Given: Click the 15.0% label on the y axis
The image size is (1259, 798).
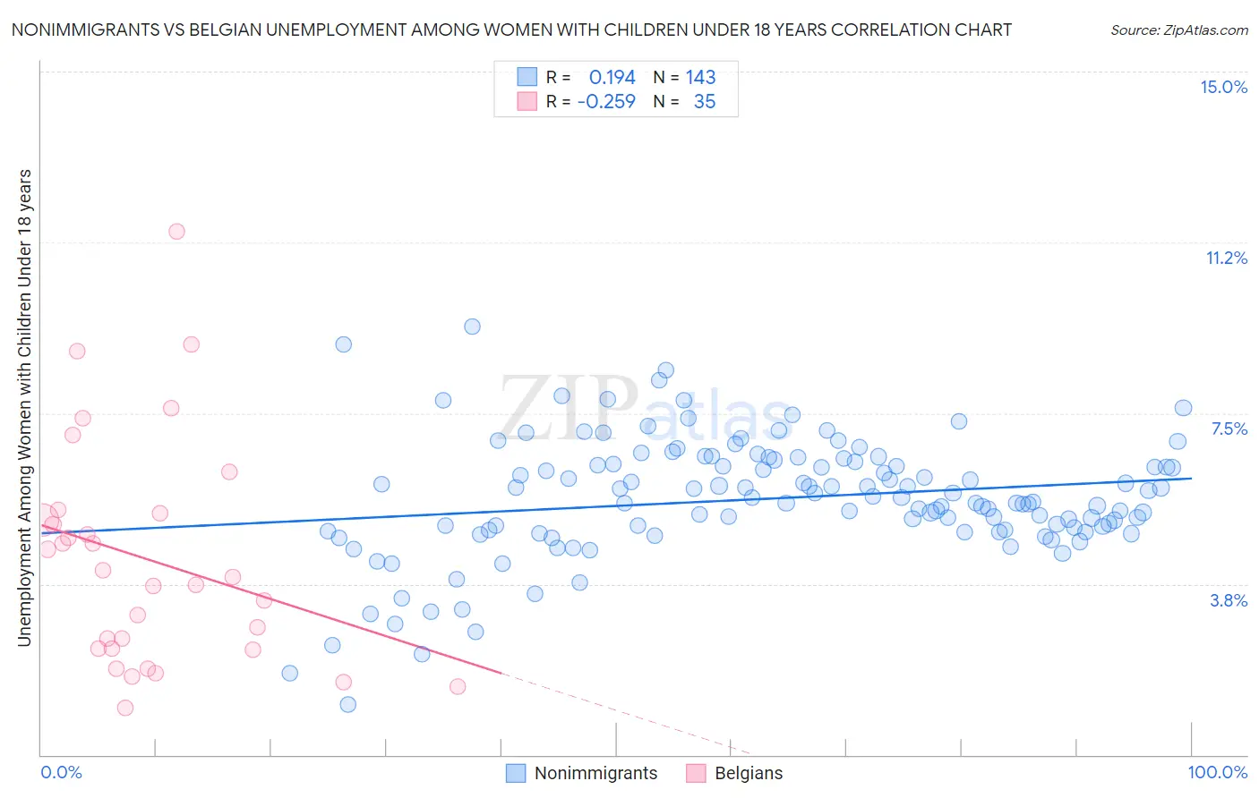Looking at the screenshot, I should coord(1223,87).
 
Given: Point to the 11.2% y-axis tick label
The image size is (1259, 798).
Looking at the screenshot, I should coord(1226,258).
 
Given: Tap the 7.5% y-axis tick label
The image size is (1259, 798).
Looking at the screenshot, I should coord(1229,429).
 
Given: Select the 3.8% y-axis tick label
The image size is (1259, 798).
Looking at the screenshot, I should coord(1229,600).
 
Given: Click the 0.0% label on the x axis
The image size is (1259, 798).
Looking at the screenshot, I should coord(61,772).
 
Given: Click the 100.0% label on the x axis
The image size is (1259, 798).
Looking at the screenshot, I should coord(1217,772).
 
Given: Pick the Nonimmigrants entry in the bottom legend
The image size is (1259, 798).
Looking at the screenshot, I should coord(595,773).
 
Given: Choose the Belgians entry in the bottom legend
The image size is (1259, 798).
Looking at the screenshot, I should coord(748,773).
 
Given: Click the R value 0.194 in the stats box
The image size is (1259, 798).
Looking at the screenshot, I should coord(612,77).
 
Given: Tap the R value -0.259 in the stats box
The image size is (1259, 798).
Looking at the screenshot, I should coord(606,101).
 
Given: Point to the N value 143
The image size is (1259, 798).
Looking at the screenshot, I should coord(700,77).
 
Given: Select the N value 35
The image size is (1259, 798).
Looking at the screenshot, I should coord(705,101).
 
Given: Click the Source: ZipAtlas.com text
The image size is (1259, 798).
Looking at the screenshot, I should coord(1178,30).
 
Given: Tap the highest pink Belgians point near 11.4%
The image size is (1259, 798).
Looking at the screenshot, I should coord(176,232).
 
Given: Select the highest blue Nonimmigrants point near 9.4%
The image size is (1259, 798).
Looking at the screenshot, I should coord(472,327).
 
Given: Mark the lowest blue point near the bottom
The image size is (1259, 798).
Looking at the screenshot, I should coord(348,704).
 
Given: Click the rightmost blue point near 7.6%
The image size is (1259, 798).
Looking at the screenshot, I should coord(1183,408).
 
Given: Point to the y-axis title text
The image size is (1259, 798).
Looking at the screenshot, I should coord(24,407).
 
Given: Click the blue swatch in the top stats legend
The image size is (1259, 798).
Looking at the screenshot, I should coord(527,77).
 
